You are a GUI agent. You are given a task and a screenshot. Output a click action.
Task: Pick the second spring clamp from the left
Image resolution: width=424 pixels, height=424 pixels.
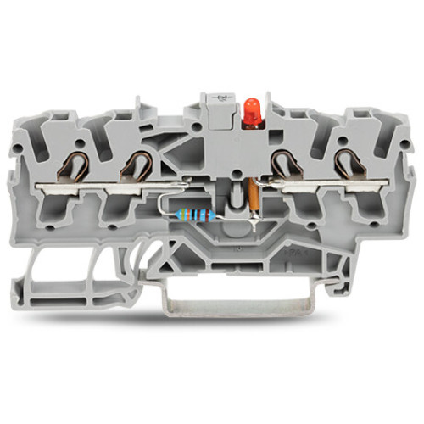coord(136,161)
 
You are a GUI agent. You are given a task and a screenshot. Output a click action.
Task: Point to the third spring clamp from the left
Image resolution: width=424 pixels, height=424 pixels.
coord(286,161)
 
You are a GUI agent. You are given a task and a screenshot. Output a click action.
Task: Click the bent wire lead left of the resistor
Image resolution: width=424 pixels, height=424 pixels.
coord(165,207)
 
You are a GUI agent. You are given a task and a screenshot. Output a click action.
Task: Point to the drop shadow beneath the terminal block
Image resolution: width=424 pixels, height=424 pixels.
coord(212,318)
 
